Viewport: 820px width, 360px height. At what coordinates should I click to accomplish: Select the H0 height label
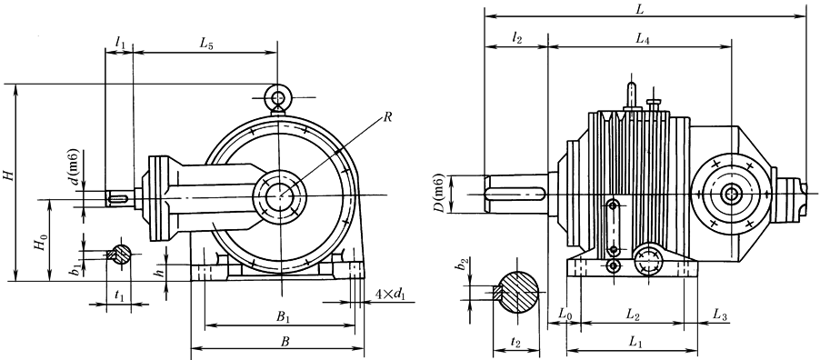pyautogui.click(x=42, y=244)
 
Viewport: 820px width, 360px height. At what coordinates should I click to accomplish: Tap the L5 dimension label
pyautogui.click(x=206, y=44)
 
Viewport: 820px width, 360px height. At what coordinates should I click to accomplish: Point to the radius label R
pyautogui.click(x=387, y=117)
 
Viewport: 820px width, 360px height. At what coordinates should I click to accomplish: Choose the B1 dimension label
pyautogui.click(x=283, y=316)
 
